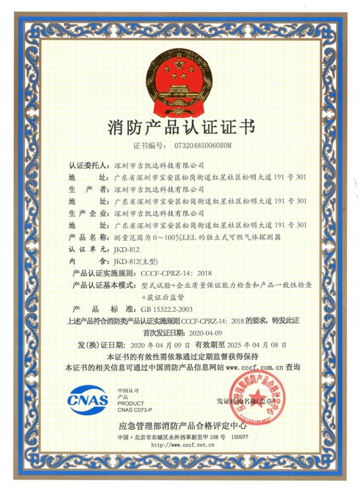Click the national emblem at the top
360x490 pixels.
pyautogui.click(x=179, y=83)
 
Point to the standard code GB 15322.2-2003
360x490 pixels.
pyautogui.click(x=163, y=309)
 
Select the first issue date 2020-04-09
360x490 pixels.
pyautogui.click(x=205, y=332)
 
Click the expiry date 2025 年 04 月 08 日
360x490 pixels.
pyautogui.click(x=270, y=345)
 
